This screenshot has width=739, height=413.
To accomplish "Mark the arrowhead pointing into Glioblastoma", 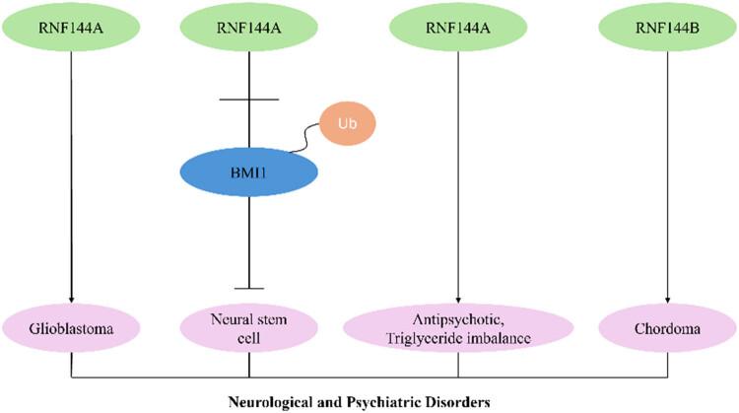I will (73, 300).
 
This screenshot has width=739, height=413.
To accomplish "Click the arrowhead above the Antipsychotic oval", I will (458, 300).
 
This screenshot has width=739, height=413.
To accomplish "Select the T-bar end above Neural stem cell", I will (248, 289).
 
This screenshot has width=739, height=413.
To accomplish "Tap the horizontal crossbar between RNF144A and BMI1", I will (248, 99).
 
